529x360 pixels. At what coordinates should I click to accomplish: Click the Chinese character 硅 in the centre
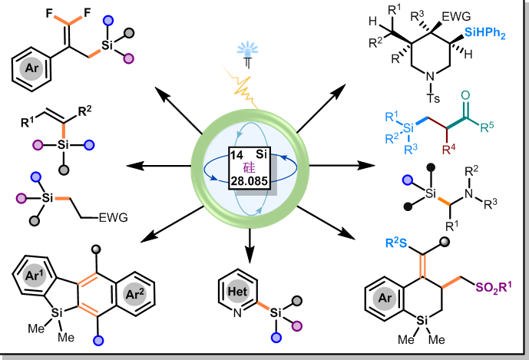click(253, 169)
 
